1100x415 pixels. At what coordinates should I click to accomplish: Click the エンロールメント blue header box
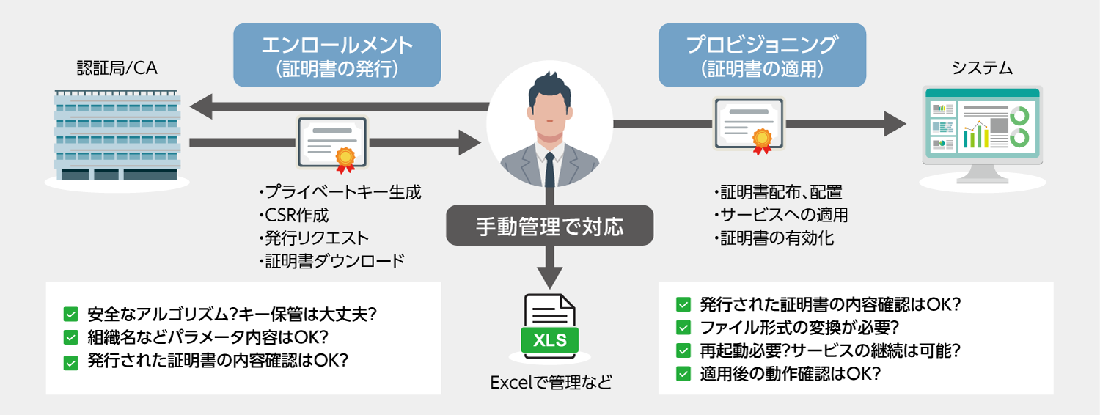337,55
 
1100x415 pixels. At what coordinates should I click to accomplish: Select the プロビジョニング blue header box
762,55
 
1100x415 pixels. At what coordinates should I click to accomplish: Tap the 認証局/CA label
117,69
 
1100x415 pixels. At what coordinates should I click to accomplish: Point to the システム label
982,69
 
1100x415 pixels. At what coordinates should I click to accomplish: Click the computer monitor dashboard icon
982,132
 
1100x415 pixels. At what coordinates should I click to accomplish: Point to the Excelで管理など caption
549,382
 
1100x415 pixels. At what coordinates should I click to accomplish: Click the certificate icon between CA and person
332,143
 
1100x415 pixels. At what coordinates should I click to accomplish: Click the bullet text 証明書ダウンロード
331,261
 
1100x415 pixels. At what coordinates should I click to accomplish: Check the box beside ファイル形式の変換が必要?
683,327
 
